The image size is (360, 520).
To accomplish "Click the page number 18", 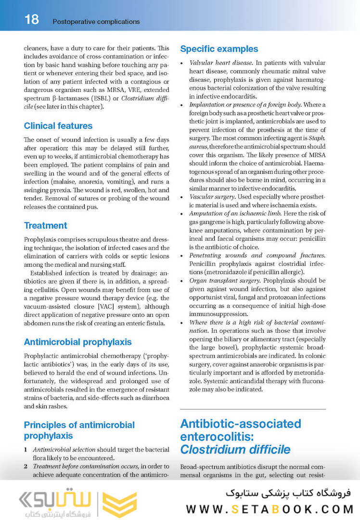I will pos(31,20).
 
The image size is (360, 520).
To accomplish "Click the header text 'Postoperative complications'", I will pos(96,22).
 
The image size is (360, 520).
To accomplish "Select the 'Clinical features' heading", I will pos(58,126).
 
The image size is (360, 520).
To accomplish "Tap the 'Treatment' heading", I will pos(45,225).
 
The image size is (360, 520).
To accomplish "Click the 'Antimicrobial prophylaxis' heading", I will pos(77,342).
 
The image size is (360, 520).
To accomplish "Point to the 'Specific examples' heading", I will pos(219,49).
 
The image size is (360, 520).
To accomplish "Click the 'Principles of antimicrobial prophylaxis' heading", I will pos(79,430).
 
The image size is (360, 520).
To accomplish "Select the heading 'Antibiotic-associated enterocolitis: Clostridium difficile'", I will pos(240,437).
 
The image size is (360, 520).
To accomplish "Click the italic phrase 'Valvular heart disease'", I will pos(221,63).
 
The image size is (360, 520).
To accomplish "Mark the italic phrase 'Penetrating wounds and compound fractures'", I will pos(257,255).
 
